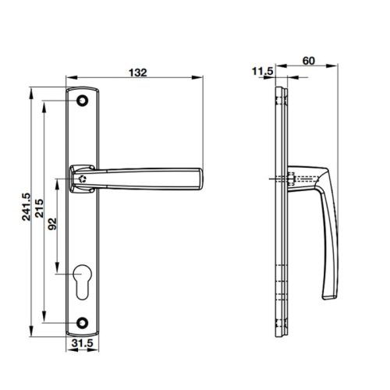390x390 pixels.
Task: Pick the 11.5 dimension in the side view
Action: (262, 71)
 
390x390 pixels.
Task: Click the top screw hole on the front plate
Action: (83, 101)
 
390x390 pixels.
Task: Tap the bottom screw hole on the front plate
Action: (83, 321)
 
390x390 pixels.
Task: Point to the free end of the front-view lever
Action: (200, 179)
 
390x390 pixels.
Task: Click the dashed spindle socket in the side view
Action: (290, 180)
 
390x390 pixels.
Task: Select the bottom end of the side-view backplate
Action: (282, 332)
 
